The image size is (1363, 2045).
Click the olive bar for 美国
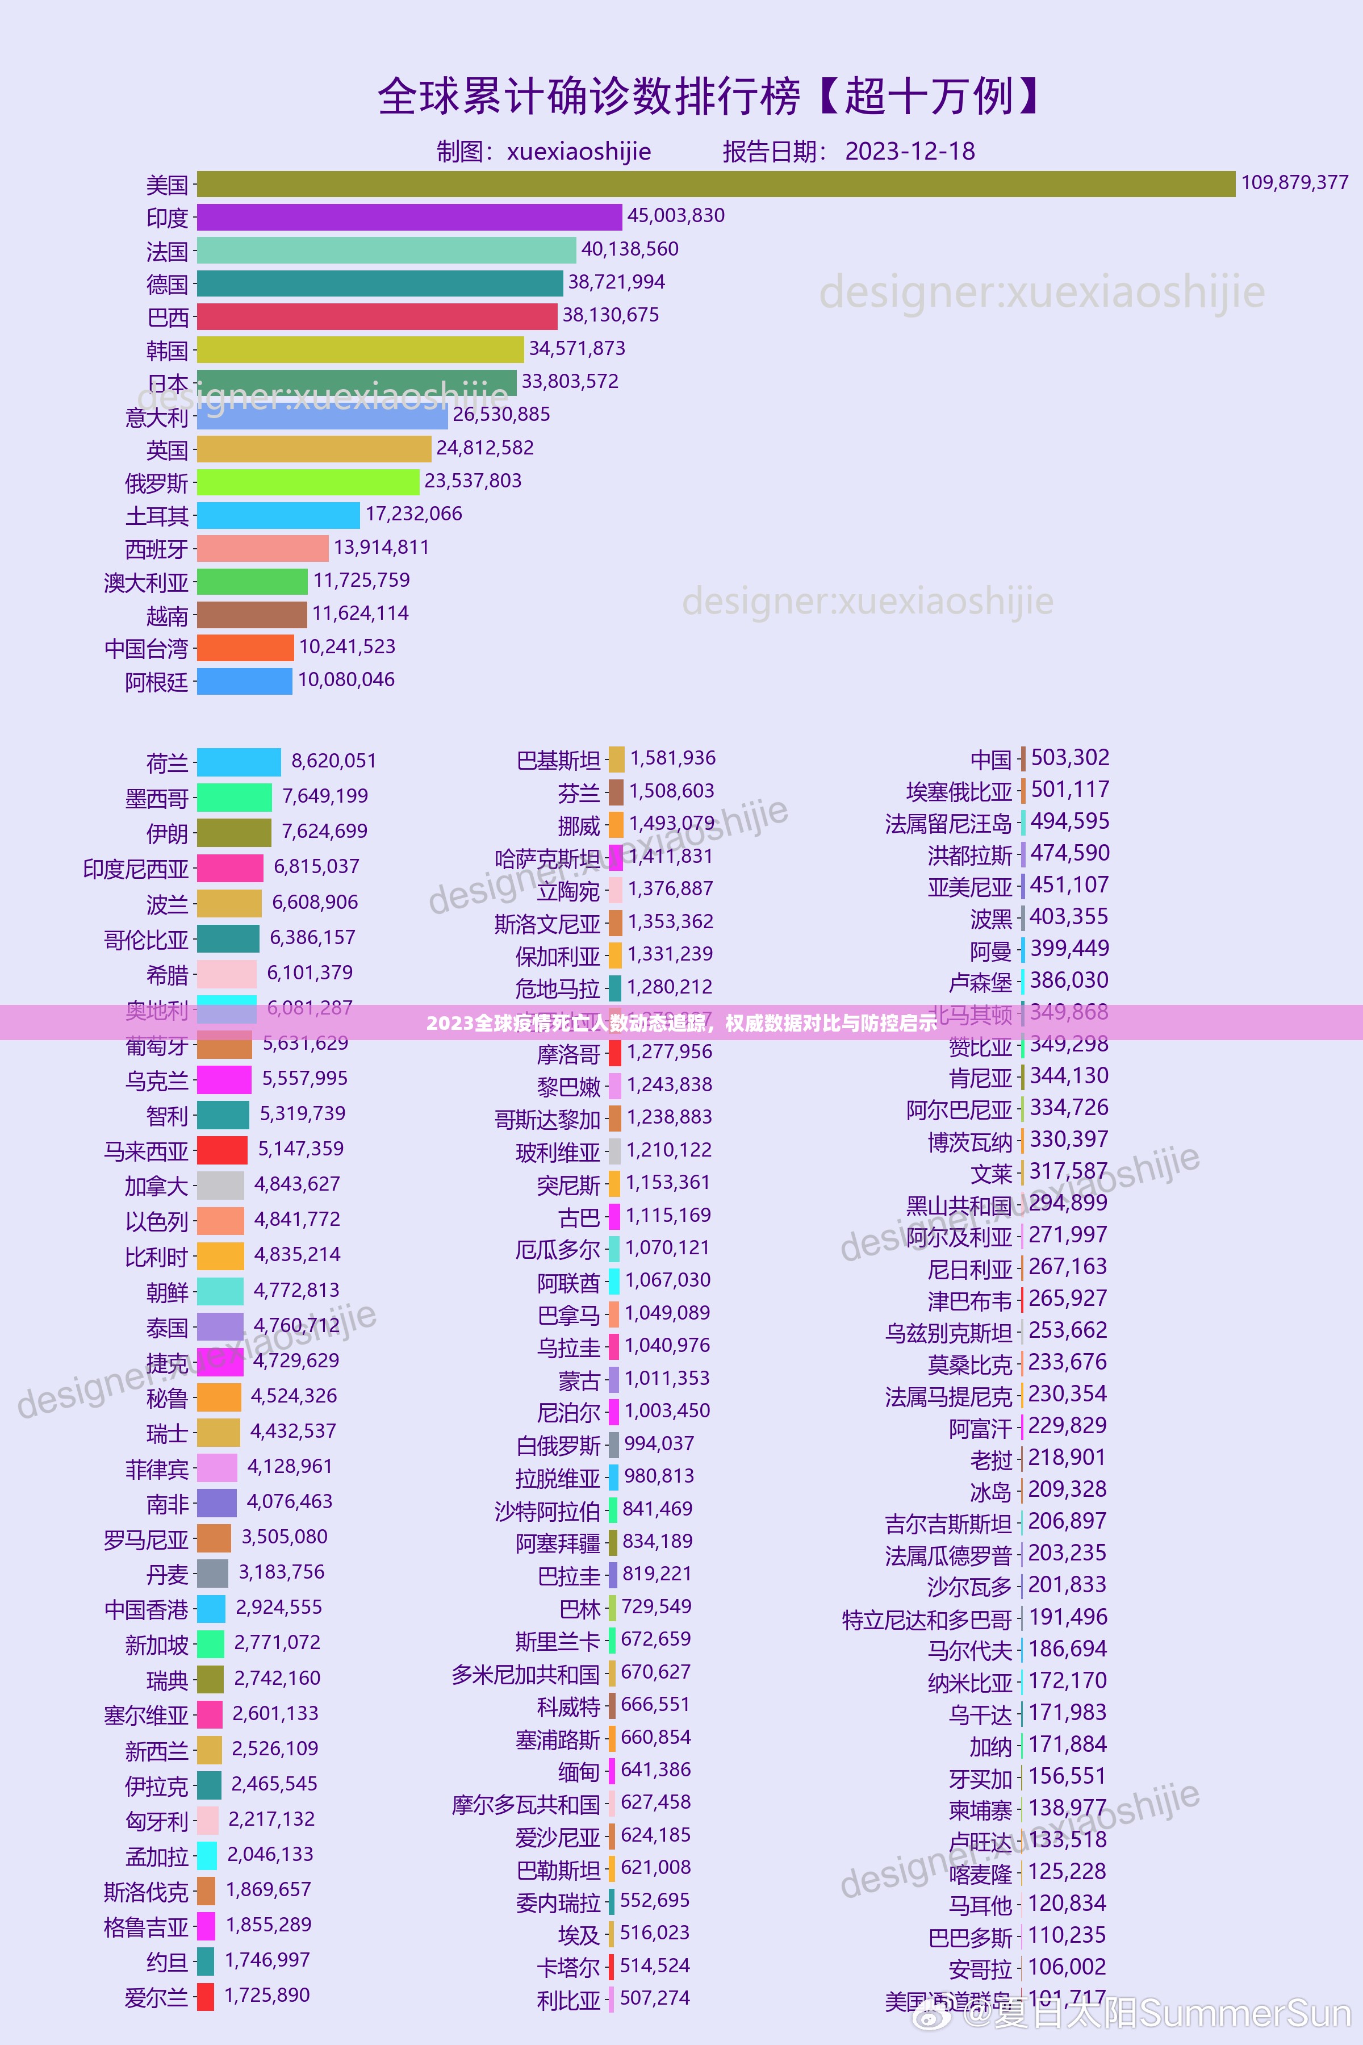point(716,184)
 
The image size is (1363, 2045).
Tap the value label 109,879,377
point(1294,182)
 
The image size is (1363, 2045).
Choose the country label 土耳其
point(157,516)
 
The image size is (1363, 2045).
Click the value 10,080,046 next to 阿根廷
point(346,680)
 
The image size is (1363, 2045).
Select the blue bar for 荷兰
point(239,762)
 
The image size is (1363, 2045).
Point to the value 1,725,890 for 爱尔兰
point(267,1994)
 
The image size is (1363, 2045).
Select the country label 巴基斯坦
point(558,761)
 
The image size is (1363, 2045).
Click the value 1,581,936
point(673,758)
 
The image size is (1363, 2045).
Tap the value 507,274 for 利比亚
point(655,1998)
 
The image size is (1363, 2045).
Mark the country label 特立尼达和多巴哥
point(927,1620)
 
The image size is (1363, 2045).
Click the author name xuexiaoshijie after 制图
point(579,151)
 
